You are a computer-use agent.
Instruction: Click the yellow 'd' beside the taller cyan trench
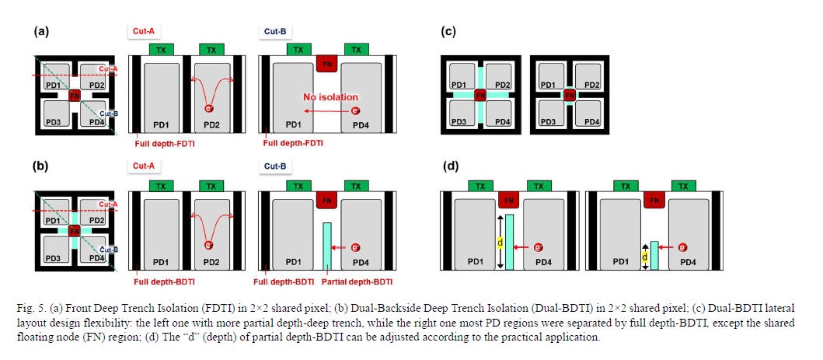point(500,243)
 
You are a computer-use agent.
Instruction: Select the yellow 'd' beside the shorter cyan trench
point(644,257)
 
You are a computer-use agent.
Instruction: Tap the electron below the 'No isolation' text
point(355,110)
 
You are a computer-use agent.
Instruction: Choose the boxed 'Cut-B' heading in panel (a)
point(274,31)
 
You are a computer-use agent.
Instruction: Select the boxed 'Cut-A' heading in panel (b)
point(144,166)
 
